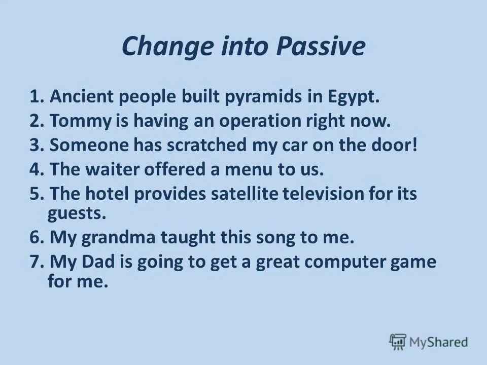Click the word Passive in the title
[321, 47]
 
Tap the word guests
[77, 213]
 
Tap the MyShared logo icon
[398, 342]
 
